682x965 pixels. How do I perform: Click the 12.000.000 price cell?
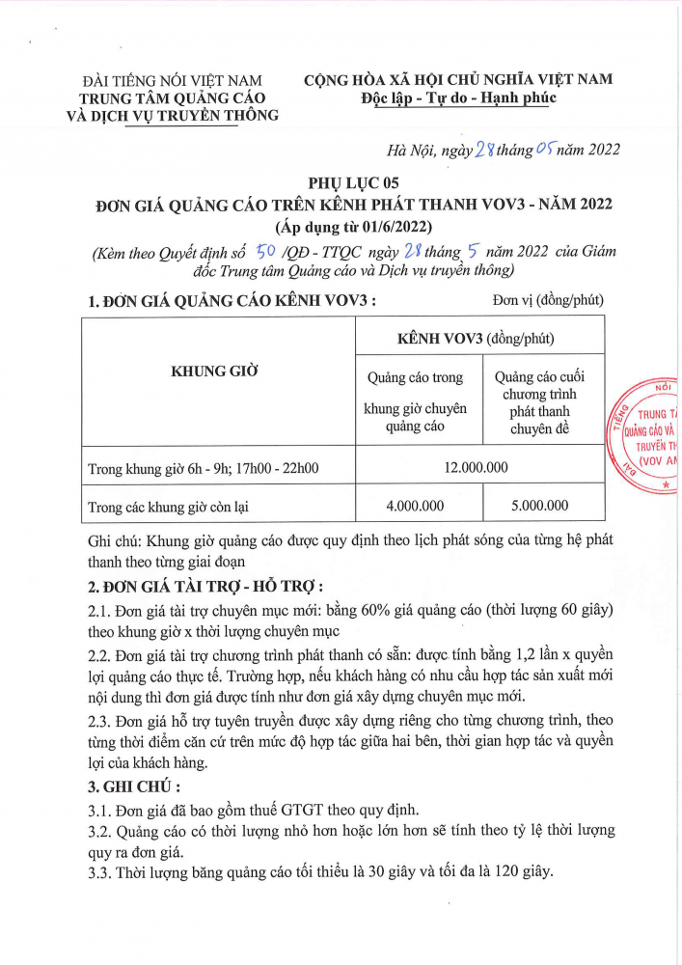pos(476,468)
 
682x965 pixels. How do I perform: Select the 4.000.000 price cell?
pos(415,505)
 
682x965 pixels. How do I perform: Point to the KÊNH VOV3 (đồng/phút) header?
pos(476,339)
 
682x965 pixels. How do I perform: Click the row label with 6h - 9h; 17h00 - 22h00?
pos(204,469)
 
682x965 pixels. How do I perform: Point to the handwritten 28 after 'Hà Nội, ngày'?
pos(485,148)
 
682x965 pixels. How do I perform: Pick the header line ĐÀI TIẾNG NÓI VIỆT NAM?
pos(175,80)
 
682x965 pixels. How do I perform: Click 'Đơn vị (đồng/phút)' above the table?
pos(547,300)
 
